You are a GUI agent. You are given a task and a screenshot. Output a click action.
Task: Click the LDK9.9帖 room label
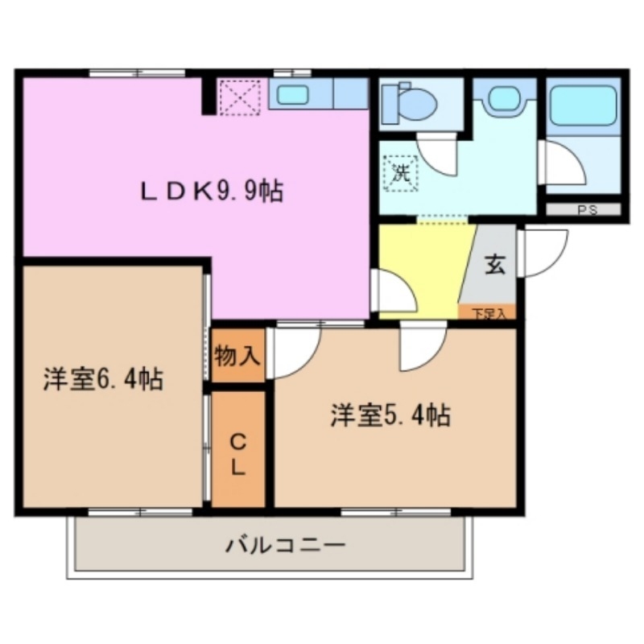(x=212, y=192)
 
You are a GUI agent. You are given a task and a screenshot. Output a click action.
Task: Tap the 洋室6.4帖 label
(x=104, y=378)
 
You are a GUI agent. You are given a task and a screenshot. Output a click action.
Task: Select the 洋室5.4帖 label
(x=390, y=415)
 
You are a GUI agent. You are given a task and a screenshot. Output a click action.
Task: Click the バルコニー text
(x=285, y=546)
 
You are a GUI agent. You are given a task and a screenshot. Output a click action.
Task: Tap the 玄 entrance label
(x=494, y=266)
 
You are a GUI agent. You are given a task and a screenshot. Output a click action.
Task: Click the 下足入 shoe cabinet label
(x=487, y=313)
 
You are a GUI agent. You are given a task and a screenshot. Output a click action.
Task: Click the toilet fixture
(x=411, y=103)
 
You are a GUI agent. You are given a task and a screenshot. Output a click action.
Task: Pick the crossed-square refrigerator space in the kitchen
(x=239, y=96)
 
